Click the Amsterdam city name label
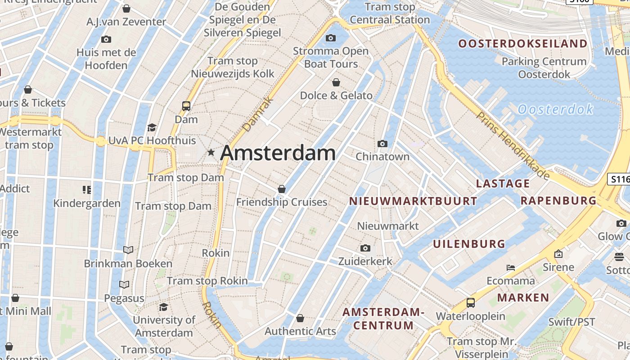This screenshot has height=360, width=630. [278, 153]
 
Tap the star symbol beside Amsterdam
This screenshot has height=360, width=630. [211, 153]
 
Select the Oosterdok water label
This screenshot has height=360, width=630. [555, 109]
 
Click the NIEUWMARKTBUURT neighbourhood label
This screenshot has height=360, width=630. [413, 201]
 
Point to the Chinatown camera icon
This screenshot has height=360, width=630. [382, 144]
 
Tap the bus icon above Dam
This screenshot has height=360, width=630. [186, 106]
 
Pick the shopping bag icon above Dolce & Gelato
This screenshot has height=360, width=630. [336, 82]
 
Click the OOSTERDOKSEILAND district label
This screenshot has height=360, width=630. [523, 44]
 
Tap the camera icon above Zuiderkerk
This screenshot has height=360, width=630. [365, 248]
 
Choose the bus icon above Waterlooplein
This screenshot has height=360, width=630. [471, 303]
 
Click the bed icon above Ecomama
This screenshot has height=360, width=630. [510, 267]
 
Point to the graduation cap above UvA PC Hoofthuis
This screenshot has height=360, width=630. [152, 127]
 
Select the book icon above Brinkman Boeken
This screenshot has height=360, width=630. [128, 250]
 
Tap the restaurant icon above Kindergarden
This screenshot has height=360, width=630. [87, 190]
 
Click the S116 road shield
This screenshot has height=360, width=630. [619, 179]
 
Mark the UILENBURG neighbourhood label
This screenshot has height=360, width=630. [469, 244]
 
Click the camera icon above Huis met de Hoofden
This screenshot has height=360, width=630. [106, 39]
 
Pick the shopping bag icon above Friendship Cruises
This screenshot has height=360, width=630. [282, 189]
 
